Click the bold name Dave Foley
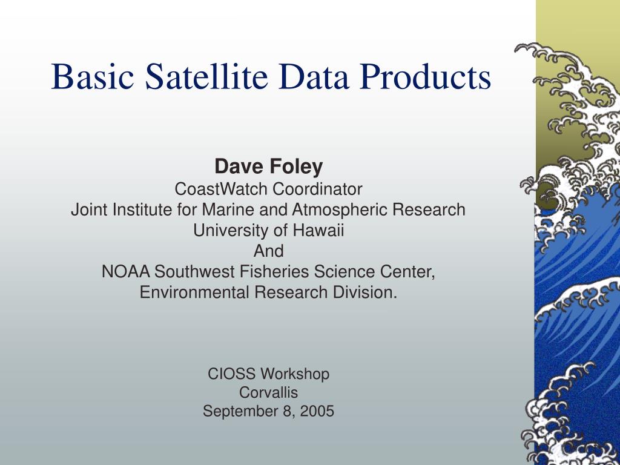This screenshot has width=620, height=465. pyautogui.click(x=268, y=167)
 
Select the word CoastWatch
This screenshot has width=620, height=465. pyautogui.click(x=220, y=189)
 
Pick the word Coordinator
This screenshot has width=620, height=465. pyautogui.click(x=317, y=189)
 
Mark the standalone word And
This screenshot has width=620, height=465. pyautogui.click(x=268, y=251)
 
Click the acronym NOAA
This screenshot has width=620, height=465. pyautogui.click(x=126, y=272)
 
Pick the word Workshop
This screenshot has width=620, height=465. pyautogui.click(x=295, y=374)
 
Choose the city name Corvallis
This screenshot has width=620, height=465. pyautogui.click(x=268, y=392)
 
